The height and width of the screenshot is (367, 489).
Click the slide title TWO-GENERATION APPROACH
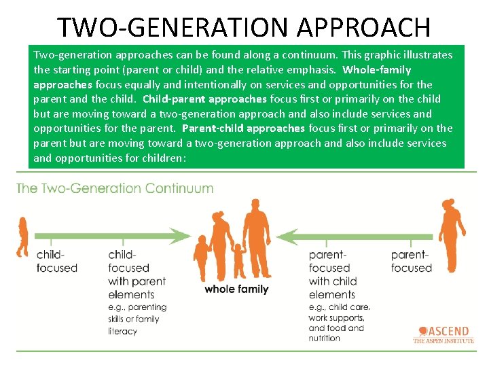click(244, 27)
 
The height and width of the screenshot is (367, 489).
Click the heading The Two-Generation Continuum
click(115, 189)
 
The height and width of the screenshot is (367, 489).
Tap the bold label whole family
click(236, 289)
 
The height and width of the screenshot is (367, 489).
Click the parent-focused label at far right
click(412, 262)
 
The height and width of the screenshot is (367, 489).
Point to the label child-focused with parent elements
click(137, 275)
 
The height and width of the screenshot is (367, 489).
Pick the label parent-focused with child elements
click(333, 275)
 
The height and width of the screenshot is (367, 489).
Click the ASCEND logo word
click(448, 332)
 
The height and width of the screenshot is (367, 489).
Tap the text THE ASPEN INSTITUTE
click(443, 341)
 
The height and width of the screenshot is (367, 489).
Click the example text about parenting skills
click(137, 319)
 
